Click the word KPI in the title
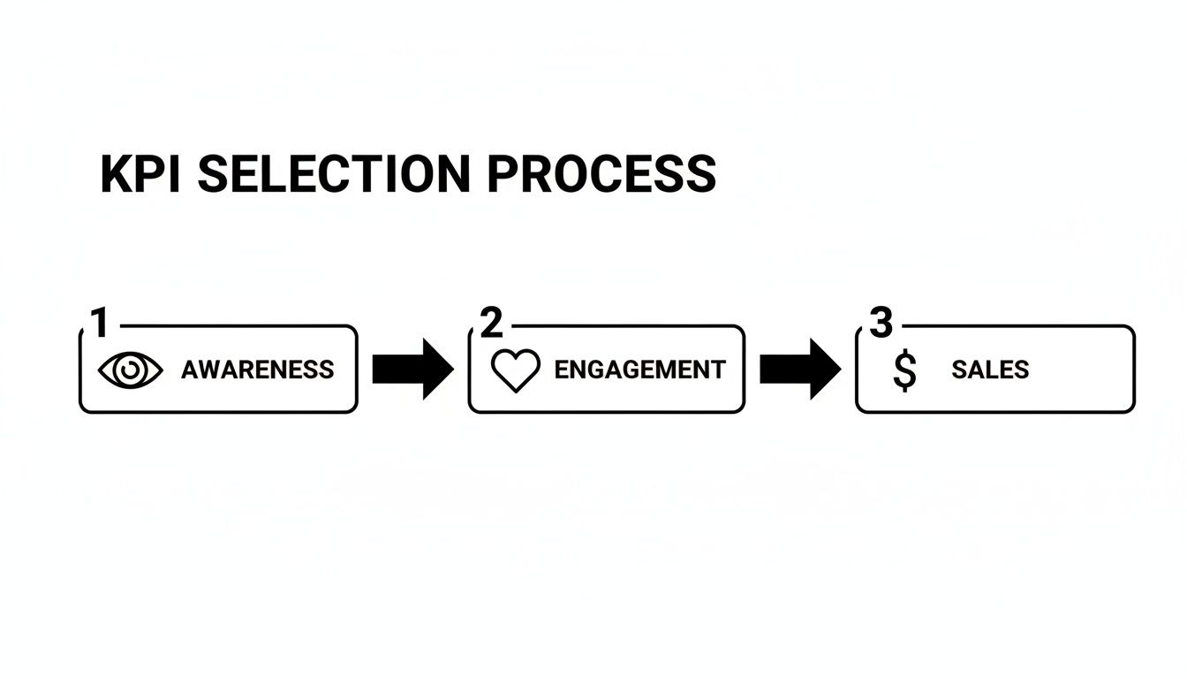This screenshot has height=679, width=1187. point(140,174)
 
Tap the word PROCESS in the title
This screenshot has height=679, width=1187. point(601,174)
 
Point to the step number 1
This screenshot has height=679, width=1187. point(100,324)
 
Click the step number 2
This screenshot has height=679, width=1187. point(491,324)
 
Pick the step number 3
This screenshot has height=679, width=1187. point(881,324)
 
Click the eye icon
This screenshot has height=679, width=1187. point(131,370)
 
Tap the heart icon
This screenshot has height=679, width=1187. point(515,370)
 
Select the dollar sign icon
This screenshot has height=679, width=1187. point(903,370)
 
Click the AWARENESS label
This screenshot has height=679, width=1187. point(257,370)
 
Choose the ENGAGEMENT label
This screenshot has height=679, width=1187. point(639,370)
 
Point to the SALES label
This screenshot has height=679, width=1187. point(990,370)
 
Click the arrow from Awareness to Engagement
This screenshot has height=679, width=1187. point(412,369)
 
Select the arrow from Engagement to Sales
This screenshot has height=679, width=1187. point(799,369)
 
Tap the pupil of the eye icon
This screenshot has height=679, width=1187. point(131,370)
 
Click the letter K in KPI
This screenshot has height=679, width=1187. point(116,174)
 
